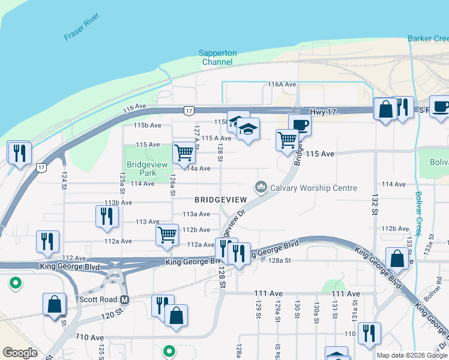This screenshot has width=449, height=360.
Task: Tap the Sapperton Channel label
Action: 217,57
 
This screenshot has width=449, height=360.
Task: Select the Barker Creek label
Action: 427,38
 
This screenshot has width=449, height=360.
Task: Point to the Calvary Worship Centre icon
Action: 261,188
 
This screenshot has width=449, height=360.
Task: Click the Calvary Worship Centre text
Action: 313,188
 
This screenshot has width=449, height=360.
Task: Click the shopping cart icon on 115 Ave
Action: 184,152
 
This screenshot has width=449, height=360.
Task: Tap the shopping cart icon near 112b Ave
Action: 167,235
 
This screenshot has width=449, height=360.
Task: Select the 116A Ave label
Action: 282,85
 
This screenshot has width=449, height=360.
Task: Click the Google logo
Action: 20,353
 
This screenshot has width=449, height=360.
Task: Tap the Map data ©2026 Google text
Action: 411,355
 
